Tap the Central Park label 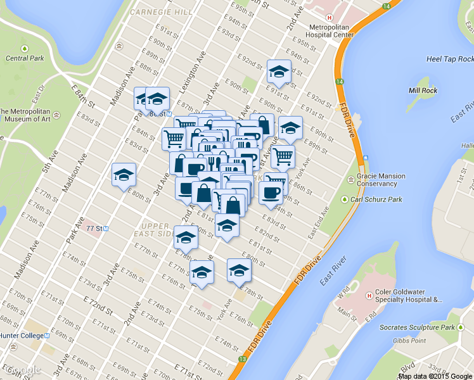pyautogui.click(x=25, y=58)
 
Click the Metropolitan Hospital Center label pyautogui.click(x=331, y=30)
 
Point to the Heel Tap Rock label pyautogui.click(x=442, y=59)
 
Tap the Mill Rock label pyautogui.click(x=423, y=91)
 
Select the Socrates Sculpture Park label pyautogui.click(x=417, y=327)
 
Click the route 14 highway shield pyautogui.click(x=340, y=82)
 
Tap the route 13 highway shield pyautogui.click(x=241, y=359)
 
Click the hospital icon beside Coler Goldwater pyautogui.click(x=369, y=296)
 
